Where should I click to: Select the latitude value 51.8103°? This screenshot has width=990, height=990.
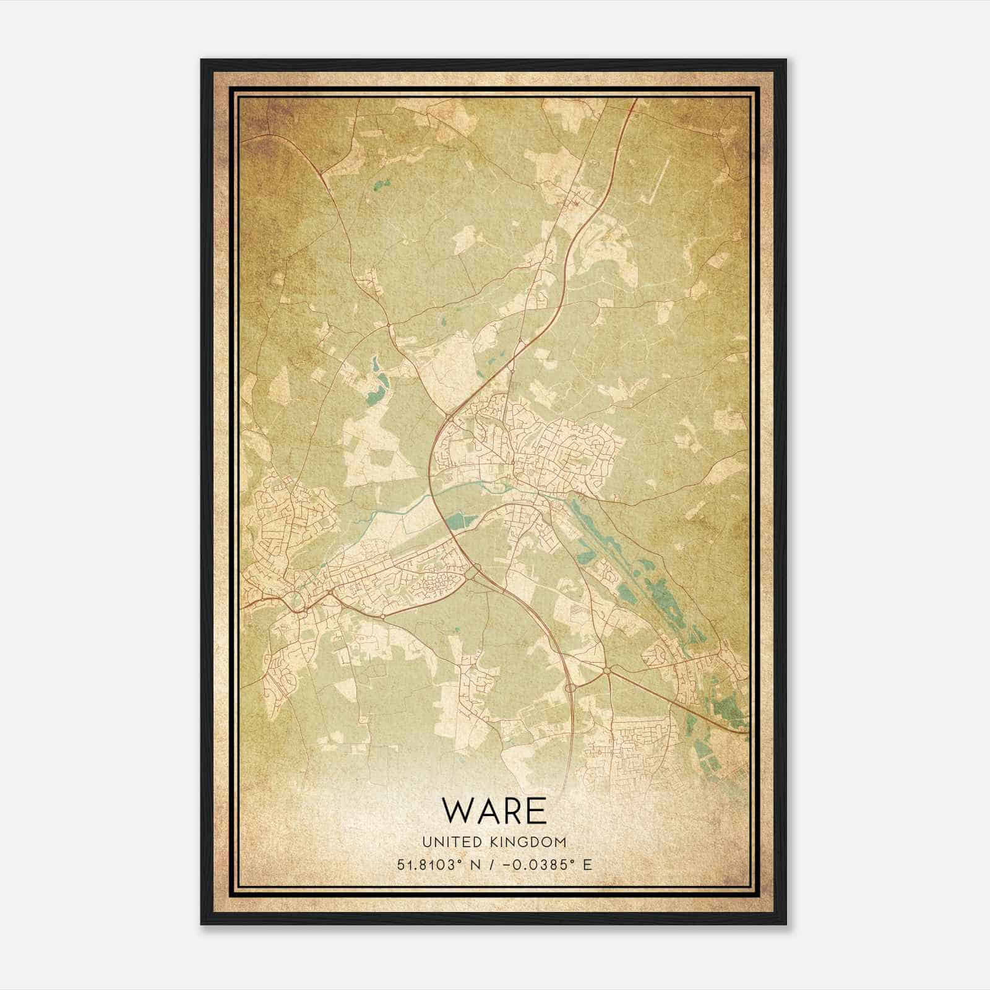tap(431, 864)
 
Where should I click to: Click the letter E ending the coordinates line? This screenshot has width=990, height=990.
tap(587, 864)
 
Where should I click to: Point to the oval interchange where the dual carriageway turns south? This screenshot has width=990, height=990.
tap(570, 687)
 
